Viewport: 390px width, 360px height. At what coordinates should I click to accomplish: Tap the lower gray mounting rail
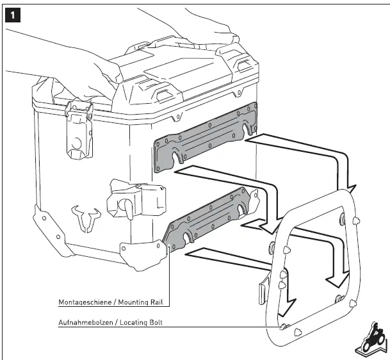point(208,218)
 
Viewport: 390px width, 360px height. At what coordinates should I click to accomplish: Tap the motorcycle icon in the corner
point(371,336)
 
